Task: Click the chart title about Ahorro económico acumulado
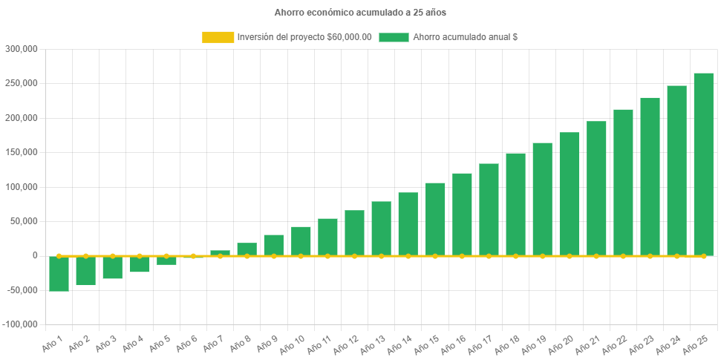click(360, 13)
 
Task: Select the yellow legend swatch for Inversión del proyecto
click(218, 37)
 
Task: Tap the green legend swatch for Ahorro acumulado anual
click(394, 37)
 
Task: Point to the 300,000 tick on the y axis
click(22, 49)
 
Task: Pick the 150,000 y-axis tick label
click(22, 152)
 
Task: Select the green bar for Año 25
click(703, 163)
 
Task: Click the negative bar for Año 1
click(59, 274)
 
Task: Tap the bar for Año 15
click(435, 219)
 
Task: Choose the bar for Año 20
click(570, 194)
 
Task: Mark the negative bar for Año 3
click(113, 268)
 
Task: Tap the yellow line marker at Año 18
click(515, 256)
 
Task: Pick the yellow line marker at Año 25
click(703, 256)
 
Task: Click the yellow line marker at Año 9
click(274, 256)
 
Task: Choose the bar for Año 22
click(623, 182)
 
